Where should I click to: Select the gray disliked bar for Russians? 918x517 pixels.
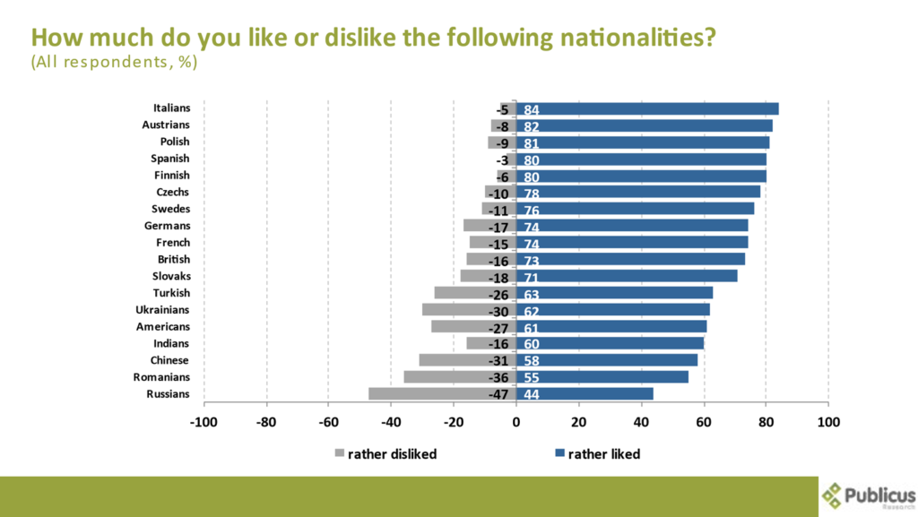coord(430,394)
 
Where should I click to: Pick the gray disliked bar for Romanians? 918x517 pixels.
coord(448,377)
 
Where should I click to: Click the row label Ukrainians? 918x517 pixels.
coord(162,310)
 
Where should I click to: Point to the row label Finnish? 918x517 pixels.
coord(170,176)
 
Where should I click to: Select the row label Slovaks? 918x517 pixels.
coord(170,277)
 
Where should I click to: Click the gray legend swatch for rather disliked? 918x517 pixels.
coord(339,454)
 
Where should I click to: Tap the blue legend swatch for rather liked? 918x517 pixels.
coord(559,454)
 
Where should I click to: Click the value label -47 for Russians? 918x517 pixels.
coord(498,395)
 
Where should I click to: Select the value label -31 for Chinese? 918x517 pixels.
coord(498,361)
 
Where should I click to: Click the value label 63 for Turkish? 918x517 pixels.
coord(531,294)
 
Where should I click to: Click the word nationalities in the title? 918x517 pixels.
coord(611,39)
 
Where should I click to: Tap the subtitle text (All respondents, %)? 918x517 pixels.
coord(114,63)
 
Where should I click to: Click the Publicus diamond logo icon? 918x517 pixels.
coord(833,495)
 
